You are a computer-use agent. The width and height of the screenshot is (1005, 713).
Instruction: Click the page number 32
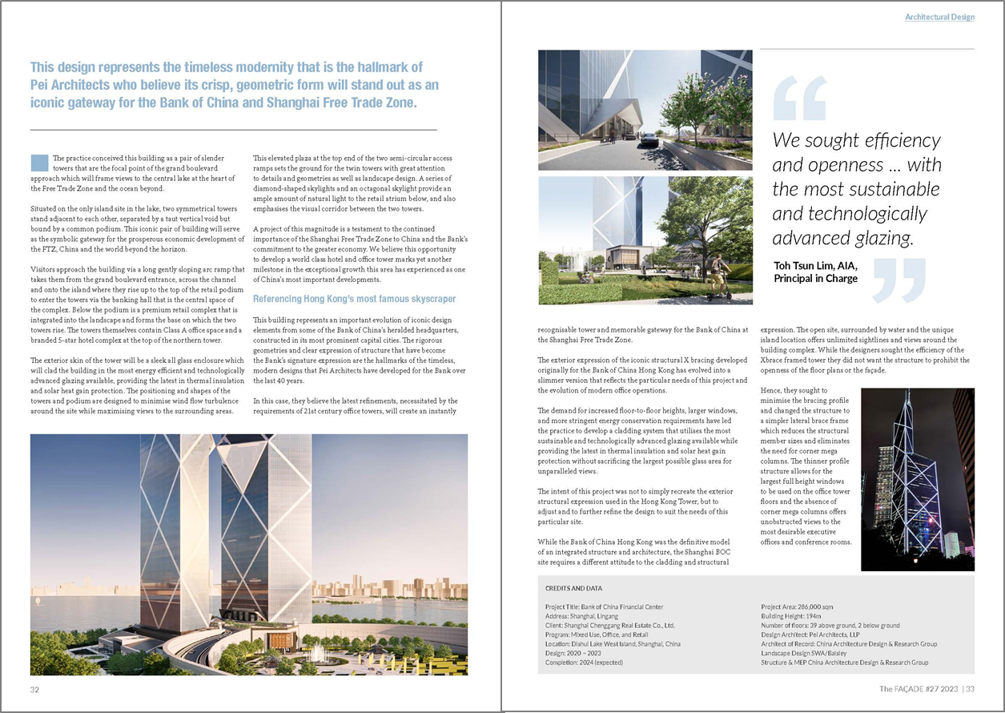tap(35, 689)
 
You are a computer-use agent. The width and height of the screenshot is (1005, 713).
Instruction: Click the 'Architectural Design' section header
tap(939, 17)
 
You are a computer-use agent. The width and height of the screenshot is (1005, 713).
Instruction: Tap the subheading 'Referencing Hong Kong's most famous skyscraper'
tap(354, 299)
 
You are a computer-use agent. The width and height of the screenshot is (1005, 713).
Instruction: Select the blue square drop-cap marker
tap(38, 162)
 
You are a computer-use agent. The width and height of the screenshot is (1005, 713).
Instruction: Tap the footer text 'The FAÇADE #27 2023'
tap(917, 689)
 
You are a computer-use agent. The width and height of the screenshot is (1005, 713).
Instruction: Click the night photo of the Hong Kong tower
tap(917, 479)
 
